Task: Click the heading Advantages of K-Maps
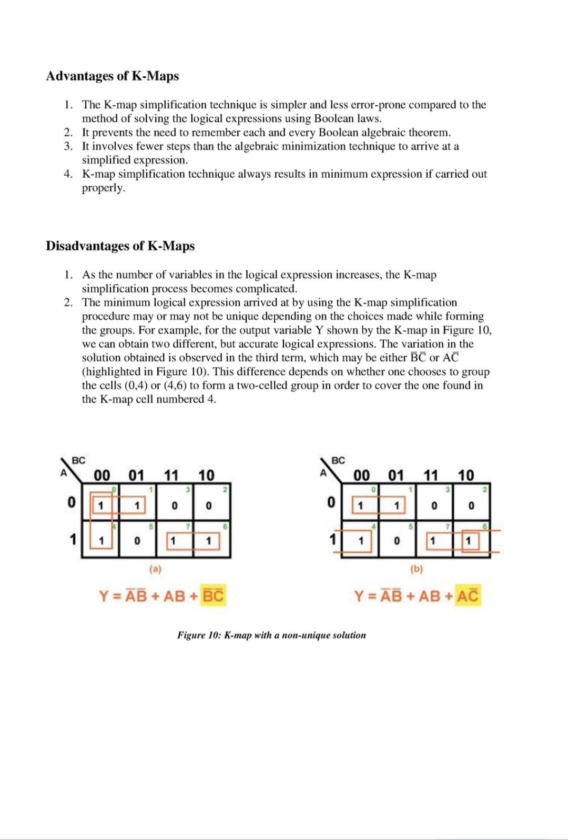[112, 76]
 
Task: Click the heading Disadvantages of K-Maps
[120, 246]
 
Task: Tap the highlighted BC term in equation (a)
[214, 596]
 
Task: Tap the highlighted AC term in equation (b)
[468, 596]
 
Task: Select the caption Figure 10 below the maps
[271, 635]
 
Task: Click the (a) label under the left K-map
[155, 569]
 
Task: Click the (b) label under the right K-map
[417, 569]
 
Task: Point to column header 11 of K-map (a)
[171, 475]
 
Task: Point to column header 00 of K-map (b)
[361, 475]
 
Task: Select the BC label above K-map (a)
[78, 460]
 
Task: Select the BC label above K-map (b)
[338, 460]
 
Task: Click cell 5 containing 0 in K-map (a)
[137, 541]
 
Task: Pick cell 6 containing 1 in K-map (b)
[469, 541]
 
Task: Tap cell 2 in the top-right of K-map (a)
[209, 505]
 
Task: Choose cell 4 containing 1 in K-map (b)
[361, 541]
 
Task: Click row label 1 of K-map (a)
[73, 540]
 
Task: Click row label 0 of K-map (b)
[331, 502]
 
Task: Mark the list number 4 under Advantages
[68, 174]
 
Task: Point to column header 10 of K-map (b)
[465, 475]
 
